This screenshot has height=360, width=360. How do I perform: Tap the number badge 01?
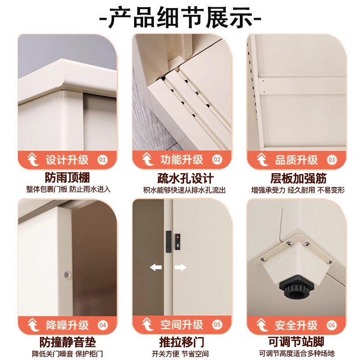[102, 159]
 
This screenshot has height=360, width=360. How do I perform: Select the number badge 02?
[217, 159]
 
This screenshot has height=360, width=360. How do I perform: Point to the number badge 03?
[332, 159]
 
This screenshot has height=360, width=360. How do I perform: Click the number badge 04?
[102, 324]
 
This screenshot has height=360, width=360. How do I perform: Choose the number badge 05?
[217, 324]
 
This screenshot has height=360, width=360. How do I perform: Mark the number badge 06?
[332, 324]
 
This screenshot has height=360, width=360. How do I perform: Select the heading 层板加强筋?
[294, 177]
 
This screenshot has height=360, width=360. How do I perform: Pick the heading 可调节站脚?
[294, 342]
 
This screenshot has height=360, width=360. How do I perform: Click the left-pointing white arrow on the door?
[156, 267]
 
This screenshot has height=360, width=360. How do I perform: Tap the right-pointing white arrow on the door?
[180, 267]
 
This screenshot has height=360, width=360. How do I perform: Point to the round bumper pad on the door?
[67, 274]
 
